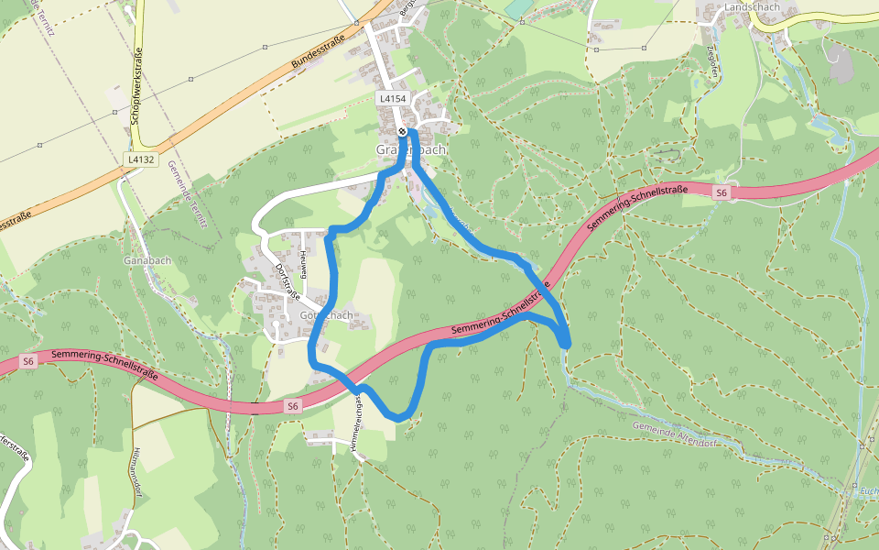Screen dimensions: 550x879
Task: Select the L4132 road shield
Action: click(141, 159)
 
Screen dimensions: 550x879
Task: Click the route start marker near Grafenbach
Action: click(402, 132)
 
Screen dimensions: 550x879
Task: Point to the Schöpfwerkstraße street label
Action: click(137, 87)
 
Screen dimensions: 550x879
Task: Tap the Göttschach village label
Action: click(326, 315)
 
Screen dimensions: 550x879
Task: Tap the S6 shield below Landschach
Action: click(722, 192)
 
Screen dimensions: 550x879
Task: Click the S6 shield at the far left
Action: click(28, 361)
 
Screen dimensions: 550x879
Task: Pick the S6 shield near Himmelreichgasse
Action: click(292, 405)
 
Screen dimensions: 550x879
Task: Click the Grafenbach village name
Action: click(411, 149)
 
